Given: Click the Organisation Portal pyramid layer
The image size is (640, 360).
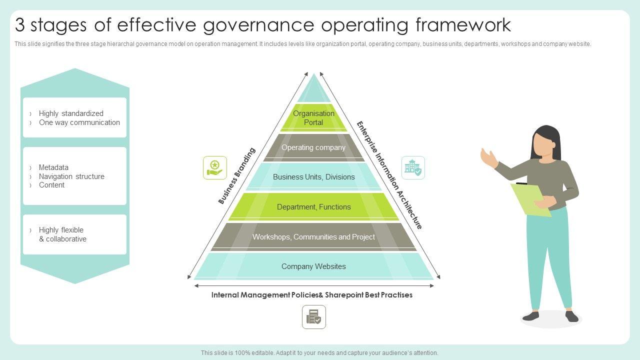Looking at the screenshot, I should pos(313,118).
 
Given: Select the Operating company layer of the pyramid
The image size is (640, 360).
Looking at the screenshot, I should pos(313,147).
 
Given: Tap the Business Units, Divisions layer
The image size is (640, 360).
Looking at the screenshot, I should pos(313,177).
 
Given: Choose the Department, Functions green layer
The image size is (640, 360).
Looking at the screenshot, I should pos(313,207).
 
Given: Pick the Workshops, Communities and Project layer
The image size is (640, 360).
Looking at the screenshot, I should pos(313,237).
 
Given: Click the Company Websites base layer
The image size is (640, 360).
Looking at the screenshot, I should pos(313,266).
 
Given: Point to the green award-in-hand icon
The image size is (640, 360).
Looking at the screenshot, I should pos(215,167).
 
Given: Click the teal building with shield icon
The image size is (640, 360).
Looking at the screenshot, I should pos(413,167).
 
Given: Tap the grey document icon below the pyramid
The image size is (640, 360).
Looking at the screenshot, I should pos(314,317).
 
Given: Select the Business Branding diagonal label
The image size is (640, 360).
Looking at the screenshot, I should pos(236,175).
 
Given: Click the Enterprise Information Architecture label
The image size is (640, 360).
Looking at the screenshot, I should pos(389,175).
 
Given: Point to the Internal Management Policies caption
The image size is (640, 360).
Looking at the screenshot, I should pos(312,295).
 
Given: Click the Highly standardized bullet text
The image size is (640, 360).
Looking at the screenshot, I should pos(71,113).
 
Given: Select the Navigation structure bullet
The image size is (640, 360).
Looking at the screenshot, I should pos(71,176).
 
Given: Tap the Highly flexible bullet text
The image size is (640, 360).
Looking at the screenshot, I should pos(61,230).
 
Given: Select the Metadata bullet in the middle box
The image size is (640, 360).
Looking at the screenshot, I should pos(53,167).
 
